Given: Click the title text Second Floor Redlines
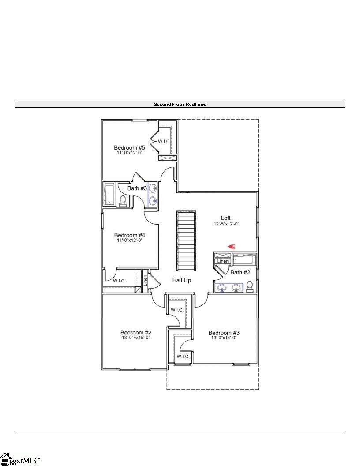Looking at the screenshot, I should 180,105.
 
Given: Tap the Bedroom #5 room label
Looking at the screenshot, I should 129,148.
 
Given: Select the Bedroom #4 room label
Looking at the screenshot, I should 129,235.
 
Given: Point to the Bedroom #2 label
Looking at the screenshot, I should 136,333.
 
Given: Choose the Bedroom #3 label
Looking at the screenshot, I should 224,333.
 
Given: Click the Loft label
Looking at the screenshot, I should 226,218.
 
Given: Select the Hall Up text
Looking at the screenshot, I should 182,280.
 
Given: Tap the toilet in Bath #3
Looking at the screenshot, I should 123,200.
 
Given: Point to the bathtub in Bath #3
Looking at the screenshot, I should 109,195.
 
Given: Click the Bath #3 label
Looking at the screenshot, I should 137,188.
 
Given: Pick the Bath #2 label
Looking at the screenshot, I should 240,272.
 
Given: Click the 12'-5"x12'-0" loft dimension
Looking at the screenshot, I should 226,224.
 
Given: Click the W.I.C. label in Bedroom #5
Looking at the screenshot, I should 164,141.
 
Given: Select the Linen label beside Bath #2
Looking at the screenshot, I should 223,262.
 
